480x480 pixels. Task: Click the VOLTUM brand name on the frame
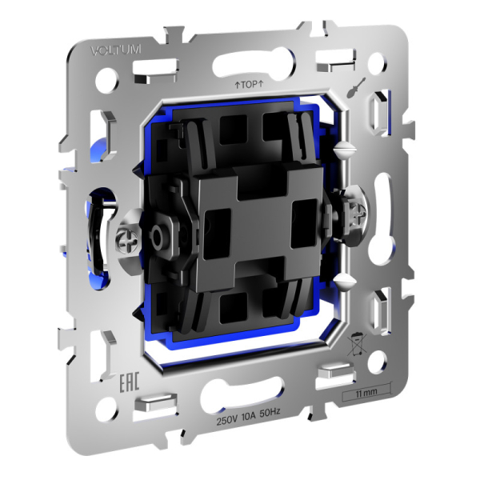(116, 50)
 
